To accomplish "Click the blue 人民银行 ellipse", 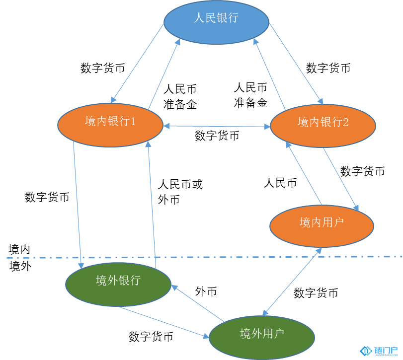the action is (x=216, y=22).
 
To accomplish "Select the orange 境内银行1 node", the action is (x=110, y=125).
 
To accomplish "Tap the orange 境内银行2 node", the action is (x=323, y=126).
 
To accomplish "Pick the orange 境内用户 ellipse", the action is (x=322, y=226).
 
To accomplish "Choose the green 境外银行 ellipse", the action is (x=118, y=284).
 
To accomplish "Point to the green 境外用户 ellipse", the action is (x=262, y=337).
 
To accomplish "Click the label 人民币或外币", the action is (x=180, y=192).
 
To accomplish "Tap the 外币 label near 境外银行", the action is (x=206, y=291).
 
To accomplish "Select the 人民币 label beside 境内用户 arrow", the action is (x=280, y=183).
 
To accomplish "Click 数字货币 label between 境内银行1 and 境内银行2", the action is (x=217, y=136).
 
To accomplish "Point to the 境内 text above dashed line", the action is (x=19, y=249).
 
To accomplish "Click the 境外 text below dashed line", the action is (x=20, y=266).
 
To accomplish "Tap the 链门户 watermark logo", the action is (x=379, y=351).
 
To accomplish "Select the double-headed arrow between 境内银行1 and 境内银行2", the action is (x=217, y=126).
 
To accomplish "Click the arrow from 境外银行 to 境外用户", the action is (x=164, y=322).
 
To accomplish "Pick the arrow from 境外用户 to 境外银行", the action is (x=198, y=303).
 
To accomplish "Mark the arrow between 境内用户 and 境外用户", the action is (x=292, y=282).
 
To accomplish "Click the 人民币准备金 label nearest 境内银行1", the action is (x=180, y=96).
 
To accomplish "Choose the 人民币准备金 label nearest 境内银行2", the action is (x=250, y=95).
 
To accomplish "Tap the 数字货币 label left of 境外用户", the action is (x=151, y=336).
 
